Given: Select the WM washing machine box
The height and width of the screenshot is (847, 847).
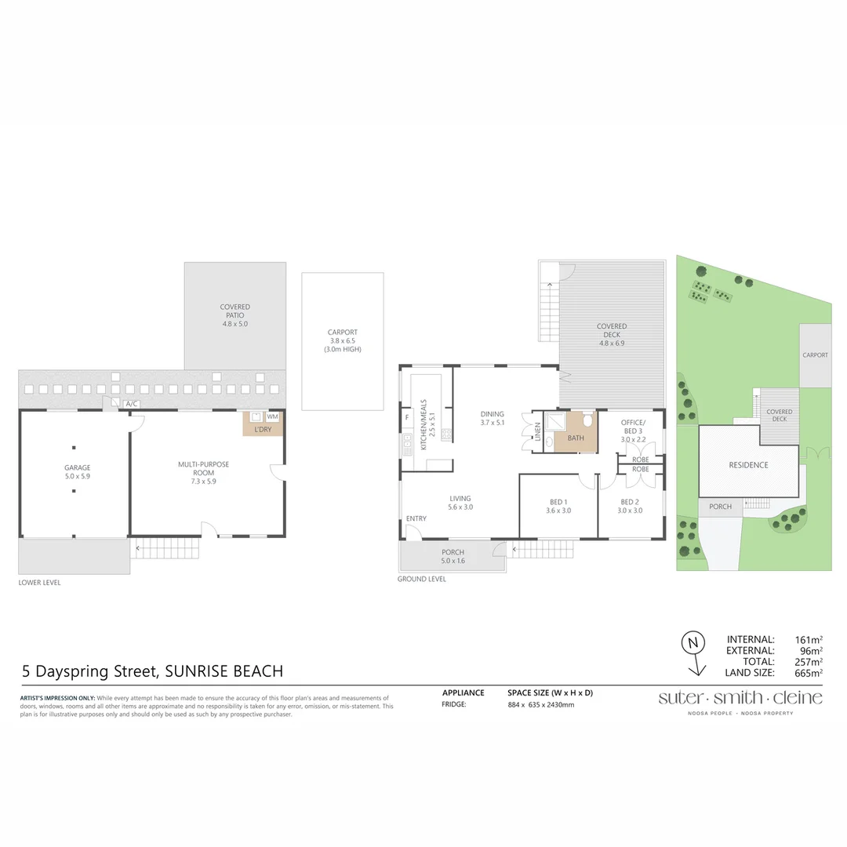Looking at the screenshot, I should click(273, 417).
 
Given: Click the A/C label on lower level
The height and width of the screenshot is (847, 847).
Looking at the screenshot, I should click(132, 404).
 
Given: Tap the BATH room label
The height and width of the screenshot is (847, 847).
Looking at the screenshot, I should click(576, 438).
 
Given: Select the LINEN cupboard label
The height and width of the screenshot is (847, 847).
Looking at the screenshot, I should click(538, 438).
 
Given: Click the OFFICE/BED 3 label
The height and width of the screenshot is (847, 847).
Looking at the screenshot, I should click(632, 427).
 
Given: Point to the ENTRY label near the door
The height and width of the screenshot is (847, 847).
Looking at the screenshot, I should click(416, 518).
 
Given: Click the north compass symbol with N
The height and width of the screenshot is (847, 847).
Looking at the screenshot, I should click(692, 643).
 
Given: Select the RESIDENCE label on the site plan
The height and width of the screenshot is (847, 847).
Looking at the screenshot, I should click(748, 465).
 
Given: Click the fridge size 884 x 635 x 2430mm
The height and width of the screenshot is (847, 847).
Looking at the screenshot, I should click(541, 705).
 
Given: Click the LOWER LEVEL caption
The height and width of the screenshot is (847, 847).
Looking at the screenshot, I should click(39, 583).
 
